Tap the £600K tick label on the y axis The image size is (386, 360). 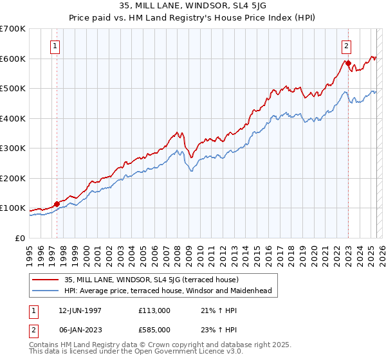click(x=13, y=59)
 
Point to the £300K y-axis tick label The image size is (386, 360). click(x=13, y=148)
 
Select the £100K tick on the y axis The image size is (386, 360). click(x=13, y=208)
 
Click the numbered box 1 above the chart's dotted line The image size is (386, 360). click(x=56, y=46)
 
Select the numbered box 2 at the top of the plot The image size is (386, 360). click(x=347, y=46)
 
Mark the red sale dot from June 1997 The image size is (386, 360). click(x=57, y=204)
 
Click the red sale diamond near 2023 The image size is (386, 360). click(x=348, y=63)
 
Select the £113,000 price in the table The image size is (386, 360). click(x=154, y=310)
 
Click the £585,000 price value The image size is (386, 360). click(x=154, y=329)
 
